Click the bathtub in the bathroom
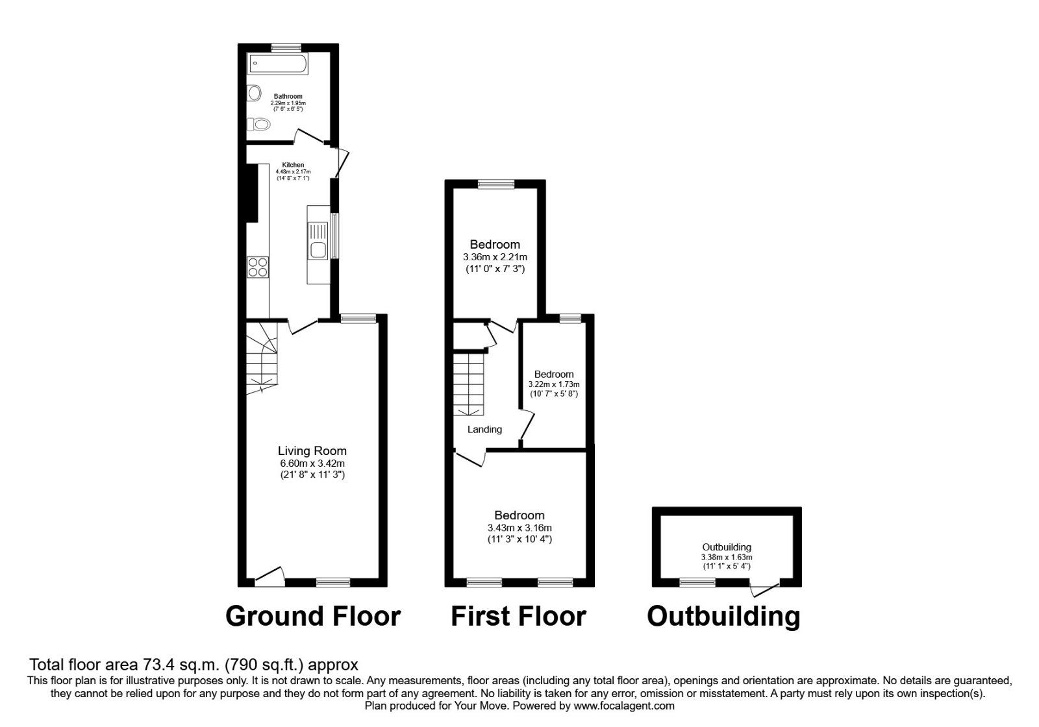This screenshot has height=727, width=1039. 278,64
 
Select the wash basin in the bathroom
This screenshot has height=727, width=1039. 254,93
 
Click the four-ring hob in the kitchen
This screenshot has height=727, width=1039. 258,267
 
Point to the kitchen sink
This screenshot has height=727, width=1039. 319,240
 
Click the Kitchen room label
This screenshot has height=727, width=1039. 293,165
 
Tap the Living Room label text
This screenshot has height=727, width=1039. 312,450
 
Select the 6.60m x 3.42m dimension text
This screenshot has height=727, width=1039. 312,463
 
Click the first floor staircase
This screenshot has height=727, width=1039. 468,383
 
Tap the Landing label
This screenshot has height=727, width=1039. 484,429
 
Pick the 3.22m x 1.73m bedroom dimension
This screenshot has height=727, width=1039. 554,384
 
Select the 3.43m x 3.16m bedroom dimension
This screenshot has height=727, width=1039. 519,528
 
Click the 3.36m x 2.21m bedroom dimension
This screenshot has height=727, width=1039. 495,257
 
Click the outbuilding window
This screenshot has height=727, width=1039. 697,582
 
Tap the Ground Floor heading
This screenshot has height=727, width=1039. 313,616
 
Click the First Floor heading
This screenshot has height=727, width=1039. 518,616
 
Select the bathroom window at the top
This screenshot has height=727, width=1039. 286,47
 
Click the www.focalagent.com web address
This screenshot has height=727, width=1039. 624,706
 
